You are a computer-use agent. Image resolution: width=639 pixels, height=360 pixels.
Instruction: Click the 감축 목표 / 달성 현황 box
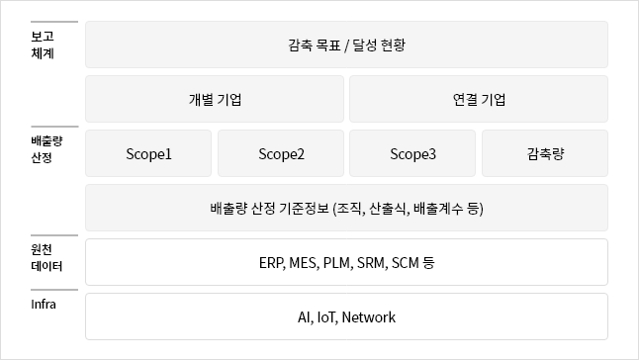[346, 45]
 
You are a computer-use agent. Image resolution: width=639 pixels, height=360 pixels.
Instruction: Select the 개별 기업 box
[215, 99]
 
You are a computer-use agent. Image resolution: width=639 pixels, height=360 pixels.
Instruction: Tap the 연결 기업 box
[479, 99]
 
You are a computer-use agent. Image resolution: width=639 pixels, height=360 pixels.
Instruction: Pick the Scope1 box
[148, 153]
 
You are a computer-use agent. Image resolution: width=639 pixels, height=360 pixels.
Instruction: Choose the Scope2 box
[281, 153]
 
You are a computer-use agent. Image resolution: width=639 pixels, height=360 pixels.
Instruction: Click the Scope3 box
[412, 153]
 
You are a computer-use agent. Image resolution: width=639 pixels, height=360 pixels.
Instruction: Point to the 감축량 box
[545, 153]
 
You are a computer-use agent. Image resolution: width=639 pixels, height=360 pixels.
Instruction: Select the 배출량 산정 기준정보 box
[346, 208]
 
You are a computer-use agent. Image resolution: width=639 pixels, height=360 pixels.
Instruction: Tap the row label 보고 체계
[43, 45]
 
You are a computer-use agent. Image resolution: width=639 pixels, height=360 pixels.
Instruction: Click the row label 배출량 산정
[46, 149]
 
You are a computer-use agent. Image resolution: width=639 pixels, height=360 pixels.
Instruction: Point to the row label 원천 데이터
[46, 258]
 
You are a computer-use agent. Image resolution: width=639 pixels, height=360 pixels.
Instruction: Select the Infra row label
[44, 305]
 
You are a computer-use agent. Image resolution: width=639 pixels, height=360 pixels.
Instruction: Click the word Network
[368, 317]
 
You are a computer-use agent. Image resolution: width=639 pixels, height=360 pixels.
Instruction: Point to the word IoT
[326, 317]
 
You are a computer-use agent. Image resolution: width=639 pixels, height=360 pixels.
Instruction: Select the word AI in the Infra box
[305, 317]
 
